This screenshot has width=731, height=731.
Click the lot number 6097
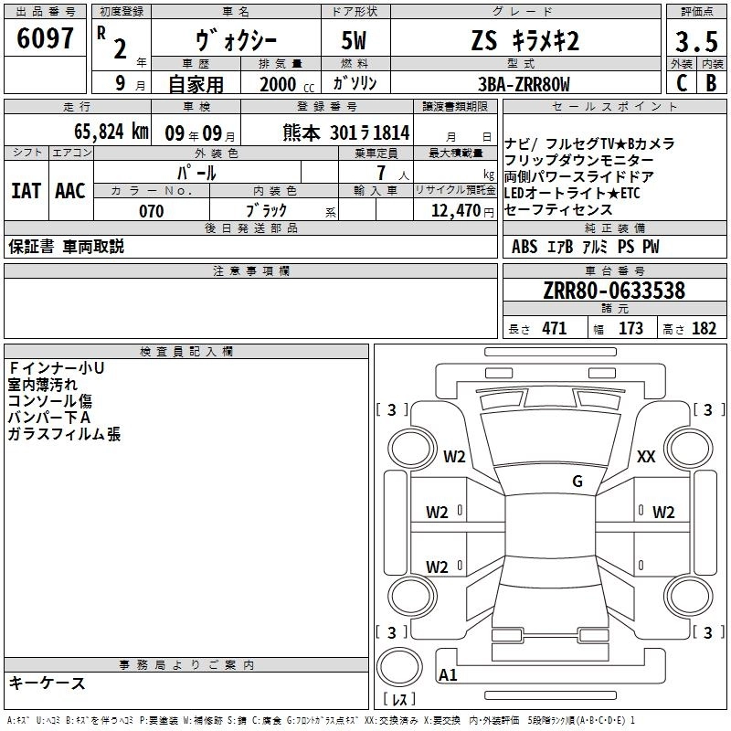45,38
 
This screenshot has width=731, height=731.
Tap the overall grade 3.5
696,41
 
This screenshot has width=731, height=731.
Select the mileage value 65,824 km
111,132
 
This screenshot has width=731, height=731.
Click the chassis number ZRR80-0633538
614,291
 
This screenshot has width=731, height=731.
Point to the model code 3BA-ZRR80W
524,84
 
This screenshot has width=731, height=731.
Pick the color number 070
152,211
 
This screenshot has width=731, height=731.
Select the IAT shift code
26,191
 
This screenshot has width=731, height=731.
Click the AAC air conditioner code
70,191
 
